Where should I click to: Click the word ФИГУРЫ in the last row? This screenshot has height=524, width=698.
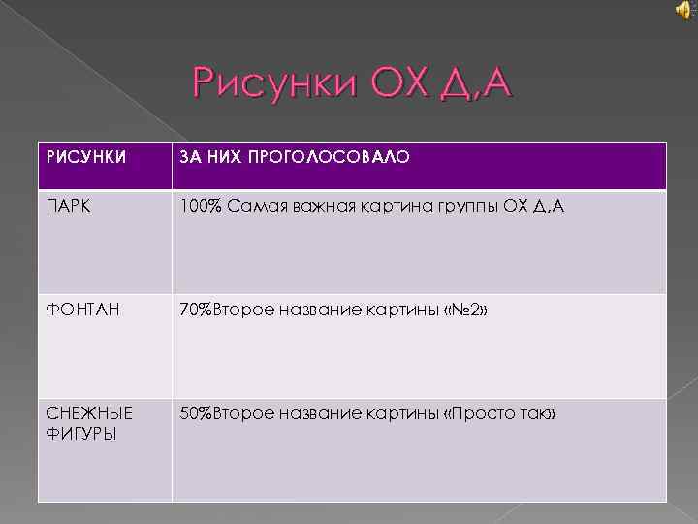(x=76, y=433)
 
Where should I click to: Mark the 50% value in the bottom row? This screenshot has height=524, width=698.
(x=196, y=414)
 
